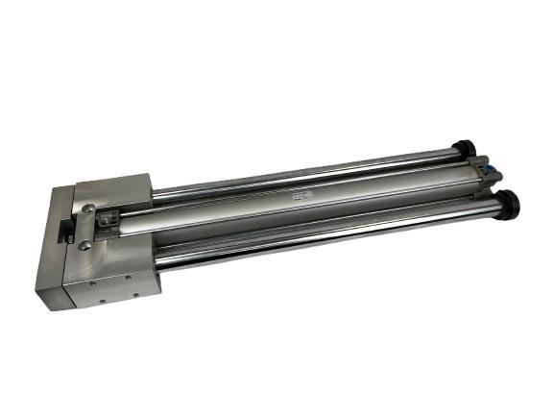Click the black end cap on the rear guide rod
coord(467,148)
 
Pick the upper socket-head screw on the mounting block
coord(88,208)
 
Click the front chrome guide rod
coord(326,235)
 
